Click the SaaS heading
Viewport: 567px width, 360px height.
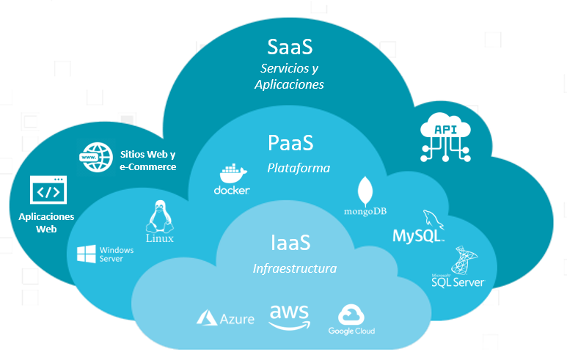(290, 47)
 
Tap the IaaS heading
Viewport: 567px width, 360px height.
(290, 242)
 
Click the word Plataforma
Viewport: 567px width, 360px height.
(298, 168)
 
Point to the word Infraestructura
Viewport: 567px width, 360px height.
(294, 268)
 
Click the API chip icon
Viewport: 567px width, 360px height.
(445, 136)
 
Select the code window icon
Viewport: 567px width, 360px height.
(48, 191)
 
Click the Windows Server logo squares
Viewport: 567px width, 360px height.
(87, 254)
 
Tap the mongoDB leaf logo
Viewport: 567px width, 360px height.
(365, 191)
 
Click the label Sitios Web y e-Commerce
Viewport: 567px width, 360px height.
(148, 161)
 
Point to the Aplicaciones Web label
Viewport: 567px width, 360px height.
(46, 223)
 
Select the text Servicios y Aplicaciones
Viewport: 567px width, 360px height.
(289, 76)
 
